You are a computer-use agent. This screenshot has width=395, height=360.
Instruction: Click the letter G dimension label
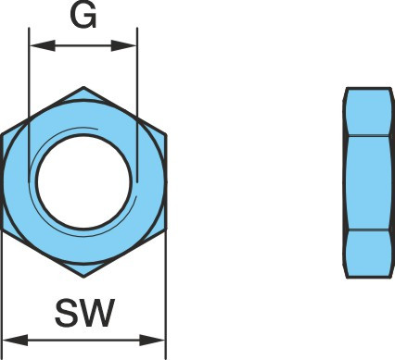tap(83, 16)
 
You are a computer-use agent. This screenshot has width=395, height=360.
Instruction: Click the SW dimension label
tap(85, 313)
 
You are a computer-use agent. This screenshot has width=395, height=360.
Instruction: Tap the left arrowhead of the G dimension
tap(43, 45)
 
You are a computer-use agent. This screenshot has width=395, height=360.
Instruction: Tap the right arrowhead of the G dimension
tap(123, 45)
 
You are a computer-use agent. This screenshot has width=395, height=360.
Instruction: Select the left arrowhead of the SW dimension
tap(15, 341)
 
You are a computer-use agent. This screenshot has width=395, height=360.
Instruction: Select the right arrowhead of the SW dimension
tap(152, 341)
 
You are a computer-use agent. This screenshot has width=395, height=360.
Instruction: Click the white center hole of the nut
tap(83, 182)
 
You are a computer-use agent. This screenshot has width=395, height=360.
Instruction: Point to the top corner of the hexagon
tap(83, 87)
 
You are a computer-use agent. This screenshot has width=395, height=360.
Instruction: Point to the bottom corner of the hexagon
tap(83, 277)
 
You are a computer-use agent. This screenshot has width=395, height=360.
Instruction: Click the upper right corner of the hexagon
tap(166, 134)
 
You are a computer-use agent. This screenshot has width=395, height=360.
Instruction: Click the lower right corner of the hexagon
tap(166, 230)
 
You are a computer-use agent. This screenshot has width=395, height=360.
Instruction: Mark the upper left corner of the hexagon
tap(1, 134)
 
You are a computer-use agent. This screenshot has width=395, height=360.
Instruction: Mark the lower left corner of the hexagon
tap(1, 230)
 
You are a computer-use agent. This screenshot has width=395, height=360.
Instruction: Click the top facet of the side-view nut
tap(368, 112)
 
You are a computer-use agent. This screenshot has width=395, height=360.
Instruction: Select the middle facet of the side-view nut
tap(368, 182)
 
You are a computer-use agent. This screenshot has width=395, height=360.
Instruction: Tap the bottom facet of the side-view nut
tap(368, 254)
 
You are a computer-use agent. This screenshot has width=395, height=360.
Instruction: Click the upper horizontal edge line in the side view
tap(368, 135)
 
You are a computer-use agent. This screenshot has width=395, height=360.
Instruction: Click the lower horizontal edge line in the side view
tap(368, 230)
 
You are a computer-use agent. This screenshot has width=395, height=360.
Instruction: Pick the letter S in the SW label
tap(66, 313)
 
